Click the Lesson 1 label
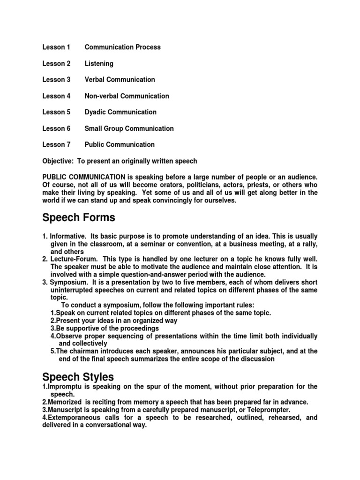[x=56, y=47]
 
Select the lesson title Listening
[x=99, y=63]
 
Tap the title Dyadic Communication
[x=120, y=112]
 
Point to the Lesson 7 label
[x=56, y=144]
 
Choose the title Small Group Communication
[x=129, y=128]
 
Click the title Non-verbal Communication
[x=127, y=96]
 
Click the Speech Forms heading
[x=78, y=218]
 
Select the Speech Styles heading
[x=78, y=377]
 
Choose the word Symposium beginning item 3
[x=69, y=282]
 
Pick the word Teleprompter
[x=267, y=410]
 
